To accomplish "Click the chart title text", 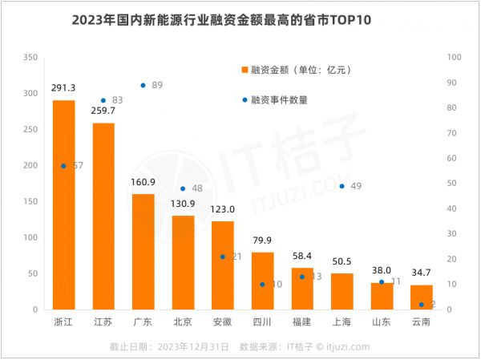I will [x=222, y=19].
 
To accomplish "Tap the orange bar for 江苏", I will [x=103, y=216].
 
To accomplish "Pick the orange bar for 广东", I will [x=143, y=252].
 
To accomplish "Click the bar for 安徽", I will [x=222, y=265].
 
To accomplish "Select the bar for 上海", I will [x=342, y=292].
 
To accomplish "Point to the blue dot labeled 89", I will [x=143, y=85].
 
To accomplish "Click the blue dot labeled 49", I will [x=342, y=186].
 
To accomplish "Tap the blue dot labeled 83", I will [x=103, y=100].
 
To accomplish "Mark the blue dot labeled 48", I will [x=183, y=188].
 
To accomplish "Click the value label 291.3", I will [x=63, y=90].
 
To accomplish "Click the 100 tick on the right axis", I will [x=453, y=57].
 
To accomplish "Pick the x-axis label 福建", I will [x=301, y=322].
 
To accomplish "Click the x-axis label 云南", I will [x=421, y=322].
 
